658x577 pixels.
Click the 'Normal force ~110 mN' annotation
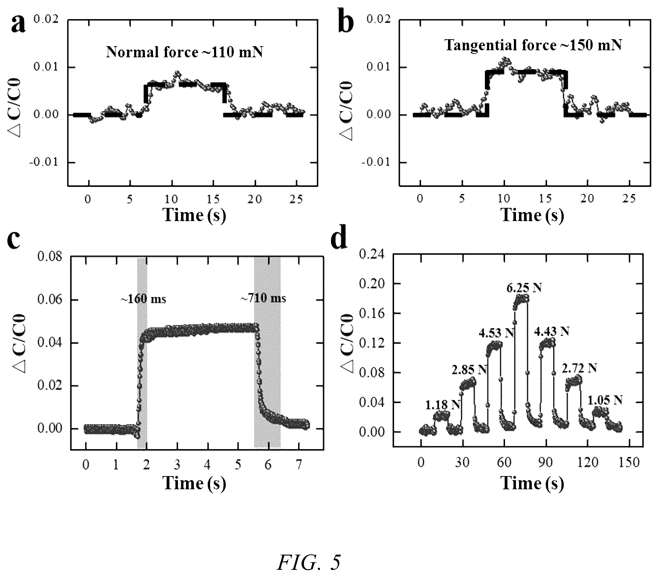click(184, 52)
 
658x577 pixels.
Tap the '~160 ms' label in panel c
click(143, 299)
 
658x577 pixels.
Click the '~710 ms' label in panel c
click(263, 299)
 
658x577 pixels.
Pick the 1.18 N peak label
click(443, 405)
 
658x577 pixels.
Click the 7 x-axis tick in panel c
click(299, 465)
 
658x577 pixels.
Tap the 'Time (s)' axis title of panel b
click(532, 215)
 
